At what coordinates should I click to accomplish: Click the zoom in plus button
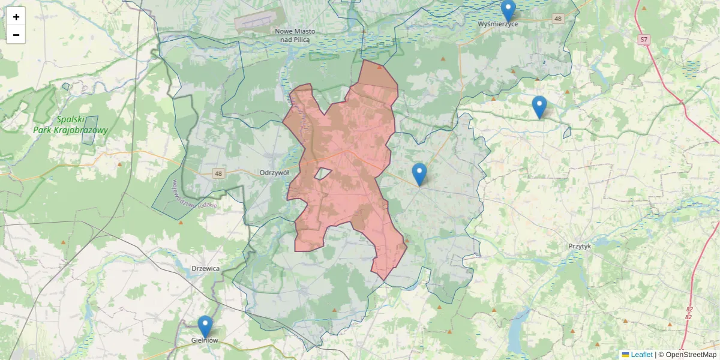click(x=16, y=17)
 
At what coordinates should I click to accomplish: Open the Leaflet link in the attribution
click(x=641, y=355)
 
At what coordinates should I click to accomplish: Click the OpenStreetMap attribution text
click(x=691, y=355)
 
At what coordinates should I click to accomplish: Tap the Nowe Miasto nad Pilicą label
click(x=294, y=35)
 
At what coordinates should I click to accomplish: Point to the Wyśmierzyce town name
click(x=498, y=24)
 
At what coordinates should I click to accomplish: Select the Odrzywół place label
click(x=274, y=172)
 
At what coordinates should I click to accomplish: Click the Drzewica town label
click(x=205, y=268)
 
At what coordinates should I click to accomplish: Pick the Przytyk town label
click(x=580, y=246)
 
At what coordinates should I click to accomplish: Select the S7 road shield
click(x=644, y=40)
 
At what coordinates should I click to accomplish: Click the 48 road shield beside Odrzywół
click(x=217, y=173)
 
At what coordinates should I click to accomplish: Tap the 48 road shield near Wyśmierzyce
click(x=559, y=19)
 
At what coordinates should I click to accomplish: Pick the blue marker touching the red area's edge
click(x=419, y=174)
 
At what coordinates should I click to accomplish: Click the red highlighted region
click(x=348, y=180)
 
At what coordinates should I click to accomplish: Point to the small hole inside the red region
click(x=323, y=174)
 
